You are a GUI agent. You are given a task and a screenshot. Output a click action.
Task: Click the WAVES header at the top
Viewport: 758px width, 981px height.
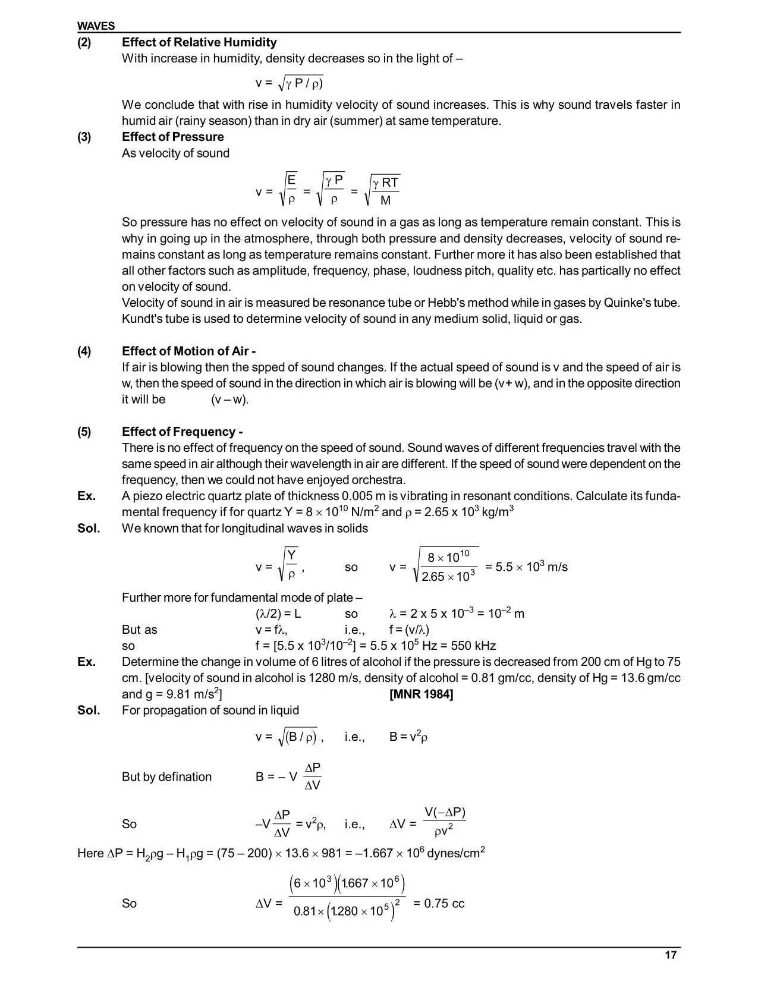tap(96, 26)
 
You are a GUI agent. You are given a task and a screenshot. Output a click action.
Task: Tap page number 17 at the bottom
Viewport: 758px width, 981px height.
tap(670, 955)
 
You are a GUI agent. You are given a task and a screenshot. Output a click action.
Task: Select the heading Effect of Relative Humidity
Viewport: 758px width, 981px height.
tap(199, 42)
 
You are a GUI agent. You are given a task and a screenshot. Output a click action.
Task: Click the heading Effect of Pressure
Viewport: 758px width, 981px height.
tap(173, 137)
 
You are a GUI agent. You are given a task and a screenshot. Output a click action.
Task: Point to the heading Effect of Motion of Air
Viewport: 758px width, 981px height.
tap(189, 351)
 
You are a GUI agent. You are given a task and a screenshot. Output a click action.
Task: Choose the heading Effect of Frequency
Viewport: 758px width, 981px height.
tap(183, 432)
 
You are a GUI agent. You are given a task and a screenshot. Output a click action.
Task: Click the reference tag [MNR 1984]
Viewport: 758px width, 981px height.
tap(421, 694)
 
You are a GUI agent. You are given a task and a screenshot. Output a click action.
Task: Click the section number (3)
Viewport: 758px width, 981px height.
tap(84, 137)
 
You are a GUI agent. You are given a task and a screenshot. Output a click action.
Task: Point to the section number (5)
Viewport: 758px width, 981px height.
tap(84, 432)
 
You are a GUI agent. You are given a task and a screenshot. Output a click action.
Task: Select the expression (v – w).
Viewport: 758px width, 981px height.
tap(229, 400)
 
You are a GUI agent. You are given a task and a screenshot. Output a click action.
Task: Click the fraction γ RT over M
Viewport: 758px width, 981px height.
tap(386, 191)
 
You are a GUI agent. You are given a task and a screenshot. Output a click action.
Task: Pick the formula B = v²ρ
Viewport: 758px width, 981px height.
tap(408, 737)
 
